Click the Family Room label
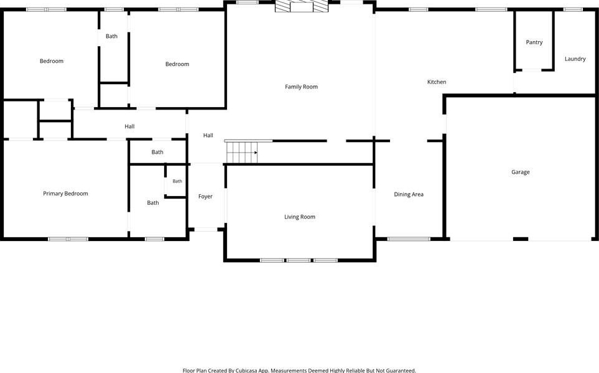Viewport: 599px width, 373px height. (301, 87)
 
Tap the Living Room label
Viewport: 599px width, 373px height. (300, 217)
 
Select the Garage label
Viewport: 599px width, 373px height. (520, 172)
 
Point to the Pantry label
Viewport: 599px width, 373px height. (534, 42)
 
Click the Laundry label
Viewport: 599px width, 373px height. (575, 59)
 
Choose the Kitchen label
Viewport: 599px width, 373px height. (436, 82)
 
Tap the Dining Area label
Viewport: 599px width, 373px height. (409, 194)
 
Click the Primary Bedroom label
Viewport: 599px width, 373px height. (65, 194)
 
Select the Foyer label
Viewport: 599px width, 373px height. (205, 197)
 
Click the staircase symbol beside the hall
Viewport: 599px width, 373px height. (242, 152)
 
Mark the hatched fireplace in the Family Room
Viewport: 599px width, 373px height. (302, 6)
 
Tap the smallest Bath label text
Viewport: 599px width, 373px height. (177, 181)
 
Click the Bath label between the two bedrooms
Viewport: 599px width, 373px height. (111, 36)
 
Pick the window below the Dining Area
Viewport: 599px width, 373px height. (409, 239)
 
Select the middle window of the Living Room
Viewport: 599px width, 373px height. (299, 260)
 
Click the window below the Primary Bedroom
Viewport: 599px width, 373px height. (68, 239)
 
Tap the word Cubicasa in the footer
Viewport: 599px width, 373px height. (246, 371)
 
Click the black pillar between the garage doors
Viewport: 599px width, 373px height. (520, 239)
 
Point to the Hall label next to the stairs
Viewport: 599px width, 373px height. (208, 135)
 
